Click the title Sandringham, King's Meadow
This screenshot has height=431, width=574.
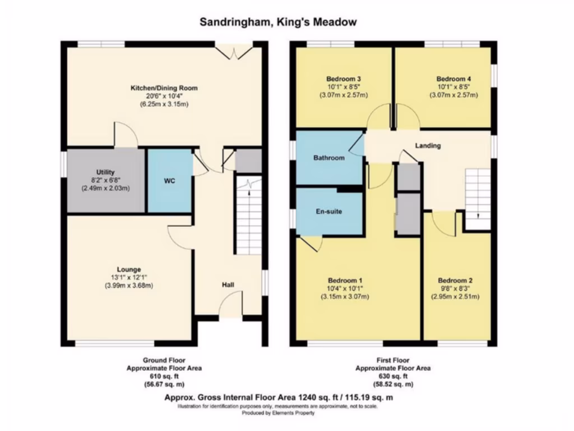click(x=278, y=22)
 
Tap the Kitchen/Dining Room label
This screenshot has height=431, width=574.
click(x=164, y=88)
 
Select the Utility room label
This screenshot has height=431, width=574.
click(x=105, y=172)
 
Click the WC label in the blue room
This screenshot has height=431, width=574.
click(x=170, y=181)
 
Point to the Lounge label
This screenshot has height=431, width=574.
click(x=129, y=269)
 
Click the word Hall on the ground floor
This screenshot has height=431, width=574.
click(x=228, y=286)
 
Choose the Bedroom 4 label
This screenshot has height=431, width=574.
click(x=453, y=79)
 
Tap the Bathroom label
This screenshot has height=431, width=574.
click(x=329, y=158)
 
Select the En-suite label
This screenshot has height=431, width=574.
click(x=328, y=212)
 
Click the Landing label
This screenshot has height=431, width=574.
click(x=428, y=145)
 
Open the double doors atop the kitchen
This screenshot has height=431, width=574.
click(x=234, y=52)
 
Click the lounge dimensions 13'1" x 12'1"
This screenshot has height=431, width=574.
click(x=129, y=277)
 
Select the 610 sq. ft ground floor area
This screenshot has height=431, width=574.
click(x=164, y=377)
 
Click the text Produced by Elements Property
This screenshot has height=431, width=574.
click(x=278, y=412)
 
